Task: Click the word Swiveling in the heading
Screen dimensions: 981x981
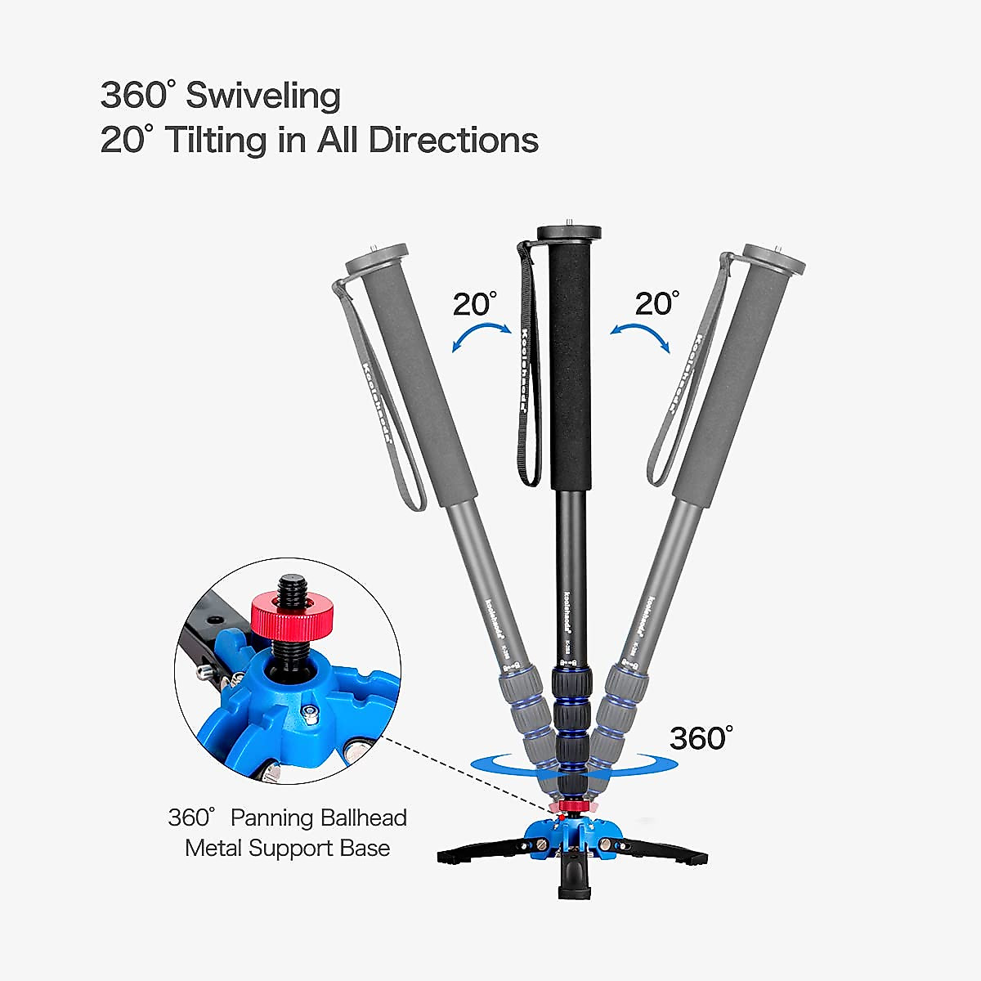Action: click(262, 96)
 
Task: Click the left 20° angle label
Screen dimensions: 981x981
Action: click(475, 304)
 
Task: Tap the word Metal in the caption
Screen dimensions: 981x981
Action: click(213, 848)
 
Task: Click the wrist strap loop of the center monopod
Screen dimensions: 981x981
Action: click(526, 368)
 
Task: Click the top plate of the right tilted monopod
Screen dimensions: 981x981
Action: click(774, 259)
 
